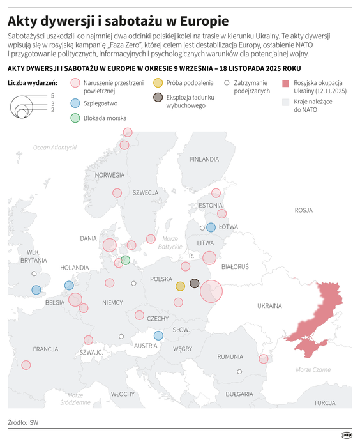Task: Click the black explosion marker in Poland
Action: [x=195, y=283]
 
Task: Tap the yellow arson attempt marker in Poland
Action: [x=180, y=286]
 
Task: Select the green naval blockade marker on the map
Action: [x=125, y=260]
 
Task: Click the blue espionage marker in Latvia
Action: [x=211, y=227]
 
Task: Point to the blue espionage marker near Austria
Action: [x=158, y=335]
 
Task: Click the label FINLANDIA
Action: [x=204, y=159]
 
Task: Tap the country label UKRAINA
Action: [x=269, y=306]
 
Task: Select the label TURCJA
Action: [x=325, y=402]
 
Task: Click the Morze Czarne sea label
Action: [x=313, y=369]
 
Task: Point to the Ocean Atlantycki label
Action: [x=55, y=148]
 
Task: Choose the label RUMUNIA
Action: [x=230, y=356]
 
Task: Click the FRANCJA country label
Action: [x=46, y=349]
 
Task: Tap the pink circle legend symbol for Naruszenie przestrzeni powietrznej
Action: [x=75, y=83]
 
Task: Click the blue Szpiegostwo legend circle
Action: [x=75, y=103]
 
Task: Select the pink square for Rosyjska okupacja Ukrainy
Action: [x=285, y=83]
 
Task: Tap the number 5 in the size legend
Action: [x=52, y=95]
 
